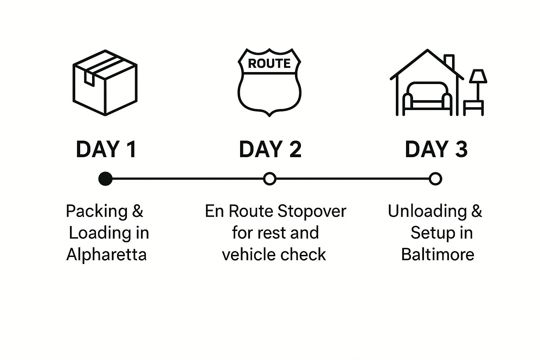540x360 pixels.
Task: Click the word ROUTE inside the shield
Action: pyautogui.click(x=269, y=63)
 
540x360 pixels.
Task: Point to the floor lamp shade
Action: pyautogui.click(x=478, y=76)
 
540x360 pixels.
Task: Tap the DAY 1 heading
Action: pyautogui.click(x=106, y=149)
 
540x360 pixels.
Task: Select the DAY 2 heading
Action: pyautogui.click(x=270, y=149)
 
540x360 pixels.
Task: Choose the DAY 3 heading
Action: pyautogui.click(x=436, y=149)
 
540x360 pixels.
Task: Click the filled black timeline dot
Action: pyautogui.click(x=105, y=179)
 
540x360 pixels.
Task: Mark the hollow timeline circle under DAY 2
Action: pyautogui.click(x=270, y=179)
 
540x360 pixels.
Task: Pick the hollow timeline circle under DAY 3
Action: pyautogui.click(x=436, y=179)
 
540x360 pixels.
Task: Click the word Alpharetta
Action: pyautogui.click(x=106, y=255)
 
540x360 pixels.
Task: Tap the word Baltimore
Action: pyautogui.click(x=438, y=254)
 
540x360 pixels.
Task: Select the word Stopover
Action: pyautogui.click(x=311, y=211)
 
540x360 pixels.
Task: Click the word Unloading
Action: pyautogui.click(x=427, y=211)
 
